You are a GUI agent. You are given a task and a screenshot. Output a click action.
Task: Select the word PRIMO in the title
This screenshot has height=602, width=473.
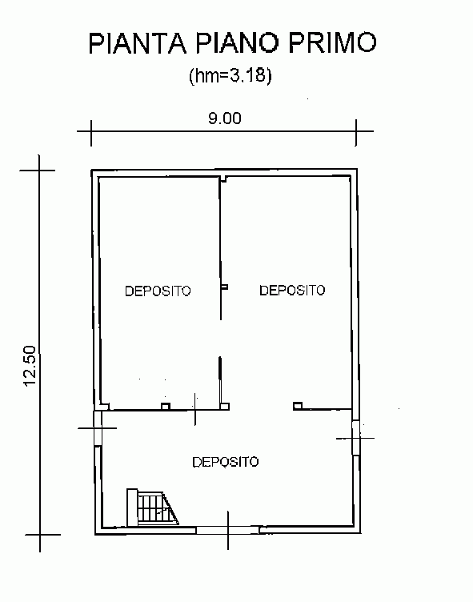pos(332,42)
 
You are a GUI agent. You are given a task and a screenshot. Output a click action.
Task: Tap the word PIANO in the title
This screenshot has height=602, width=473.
pos(237,42)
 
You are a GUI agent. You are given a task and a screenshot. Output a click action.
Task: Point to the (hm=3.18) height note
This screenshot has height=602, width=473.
pos(230,75)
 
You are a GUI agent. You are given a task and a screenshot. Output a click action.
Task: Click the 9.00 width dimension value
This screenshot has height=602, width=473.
pos(225,118)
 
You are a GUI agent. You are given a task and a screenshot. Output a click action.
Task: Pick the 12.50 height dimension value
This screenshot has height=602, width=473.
pos(30,366)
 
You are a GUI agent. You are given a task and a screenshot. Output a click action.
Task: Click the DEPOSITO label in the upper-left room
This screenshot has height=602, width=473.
pos(158,291)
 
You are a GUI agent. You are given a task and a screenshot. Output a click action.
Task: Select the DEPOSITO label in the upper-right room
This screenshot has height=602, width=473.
pos(292,290)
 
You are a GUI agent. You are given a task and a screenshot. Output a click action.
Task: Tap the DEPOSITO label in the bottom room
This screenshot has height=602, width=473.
pos(226,461)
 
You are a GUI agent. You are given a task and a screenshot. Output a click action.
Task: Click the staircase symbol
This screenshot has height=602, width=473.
pos(152,508)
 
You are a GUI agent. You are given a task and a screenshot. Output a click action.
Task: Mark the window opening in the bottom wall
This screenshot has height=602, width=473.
pos(228,530)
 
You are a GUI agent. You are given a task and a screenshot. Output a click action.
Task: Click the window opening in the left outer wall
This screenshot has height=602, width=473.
pos(98,428)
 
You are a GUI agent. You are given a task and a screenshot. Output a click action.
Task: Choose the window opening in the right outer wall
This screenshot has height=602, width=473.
pos(356,438)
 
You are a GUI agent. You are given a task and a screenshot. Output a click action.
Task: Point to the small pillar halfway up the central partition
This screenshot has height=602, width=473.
pos(225,287)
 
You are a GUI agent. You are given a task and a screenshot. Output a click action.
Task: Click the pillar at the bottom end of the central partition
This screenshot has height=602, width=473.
pos(226,407)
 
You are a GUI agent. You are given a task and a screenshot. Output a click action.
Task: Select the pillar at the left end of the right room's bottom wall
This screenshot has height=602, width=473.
pos(298,406)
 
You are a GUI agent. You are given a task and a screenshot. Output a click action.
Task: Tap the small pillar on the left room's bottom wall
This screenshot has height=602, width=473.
pos(166,406)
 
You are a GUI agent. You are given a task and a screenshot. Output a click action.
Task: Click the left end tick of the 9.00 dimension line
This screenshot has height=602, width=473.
pos(91,133)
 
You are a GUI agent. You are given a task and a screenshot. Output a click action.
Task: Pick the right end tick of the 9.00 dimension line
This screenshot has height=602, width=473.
pos(356,133)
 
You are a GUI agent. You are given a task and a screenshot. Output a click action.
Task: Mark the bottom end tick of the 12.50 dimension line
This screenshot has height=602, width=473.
pos(39,534)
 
